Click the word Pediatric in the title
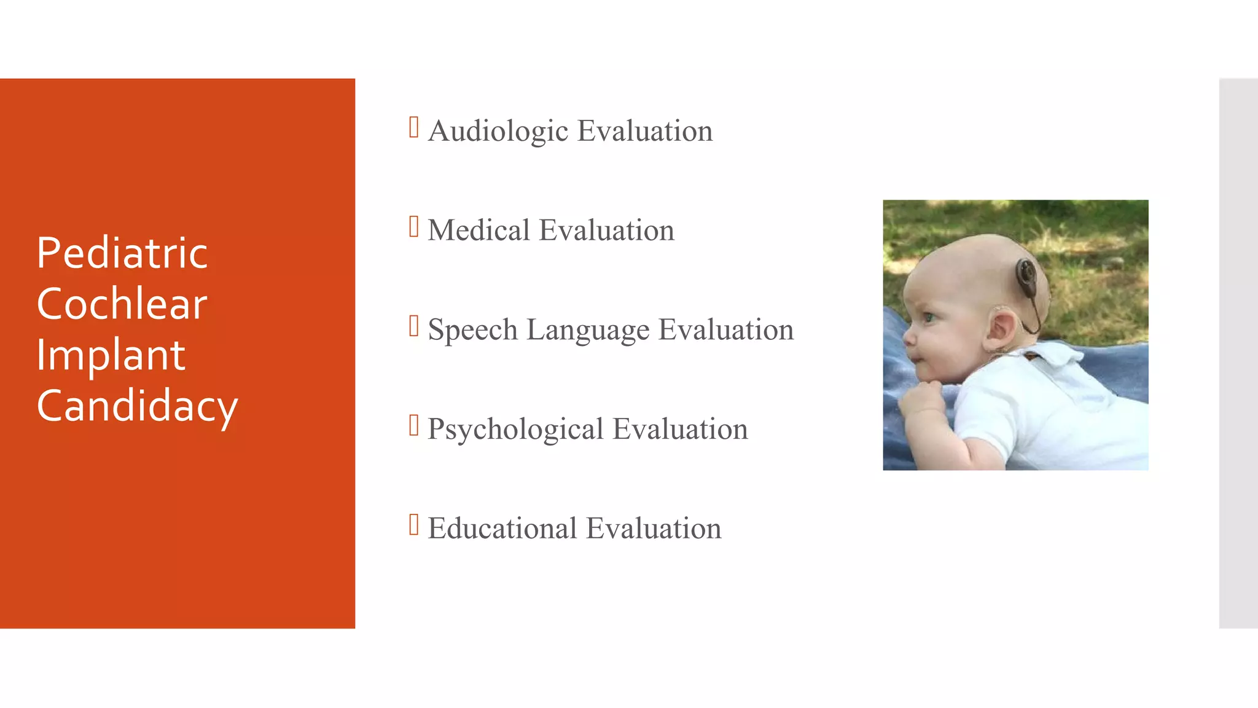[122, 253]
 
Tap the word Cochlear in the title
[122, 304]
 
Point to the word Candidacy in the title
[137, 406]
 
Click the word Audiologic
[498, 131]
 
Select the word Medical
[479, 230]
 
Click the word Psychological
[515, 429]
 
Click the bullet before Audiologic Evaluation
[414, 127]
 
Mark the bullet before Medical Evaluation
[414, 227]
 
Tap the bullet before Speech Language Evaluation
[414, 326]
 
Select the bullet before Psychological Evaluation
[414, 425]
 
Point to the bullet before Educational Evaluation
[414, 525]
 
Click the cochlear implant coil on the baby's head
[1026, 275]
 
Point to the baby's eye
[929, 318]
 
